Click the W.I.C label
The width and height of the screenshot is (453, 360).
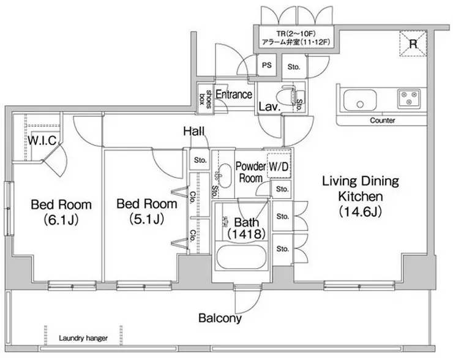click(42, 140)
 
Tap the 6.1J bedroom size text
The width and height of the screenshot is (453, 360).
click(61, 220)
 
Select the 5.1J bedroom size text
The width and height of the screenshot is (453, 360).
click(147, 219)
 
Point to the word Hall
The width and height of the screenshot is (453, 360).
click(194, 132)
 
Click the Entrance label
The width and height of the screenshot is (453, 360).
click(234, 94)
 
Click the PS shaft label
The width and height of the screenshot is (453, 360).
click(267, 66)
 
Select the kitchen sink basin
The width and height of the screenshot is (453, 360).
click(361, 100)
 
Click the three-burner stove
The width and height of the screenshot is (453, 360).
click(409, 98)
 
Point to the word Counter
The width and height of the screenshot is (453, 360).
click(382, 120)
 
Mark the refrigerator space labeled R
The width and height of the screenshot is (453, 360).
click(413, 43)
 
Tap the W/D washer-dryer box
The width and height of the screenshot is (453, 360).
click(279, 165)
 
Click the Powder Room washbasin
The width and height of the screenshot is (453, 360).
click(224, 176)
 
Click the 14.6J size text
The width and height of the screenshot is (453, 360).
click(361, 211)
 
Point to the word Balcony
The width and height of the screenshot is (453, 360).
click(220, 318)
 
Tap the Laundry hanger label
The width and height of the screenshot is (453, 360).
click(83, 338)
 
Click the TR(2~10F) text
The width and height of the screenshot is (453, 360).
click(296, 34)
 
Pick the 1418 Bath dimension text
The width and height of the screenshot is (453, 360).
click(247, 234)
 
